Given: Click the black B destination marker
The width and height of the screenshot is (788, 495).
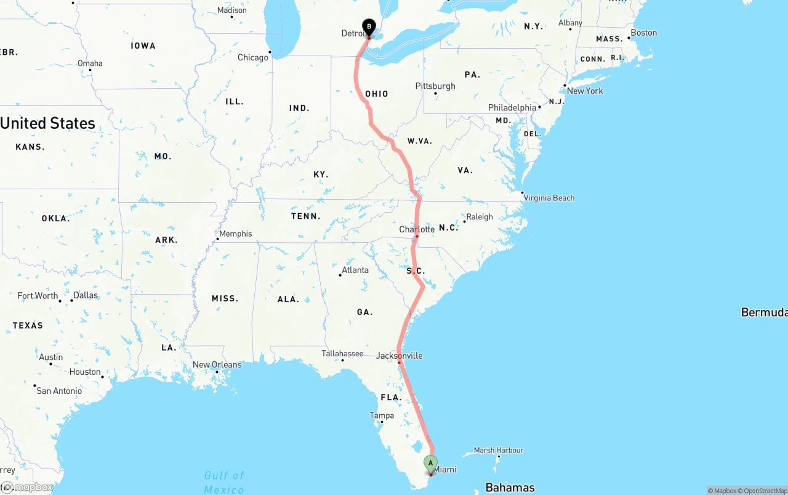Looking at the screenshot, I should pos(369,27).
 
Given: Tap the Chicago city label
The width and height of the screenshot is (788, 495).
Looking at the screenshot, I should pos(253,57).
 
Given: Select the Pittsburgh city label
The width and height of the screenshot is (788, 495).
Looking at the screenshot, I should pos(435,86).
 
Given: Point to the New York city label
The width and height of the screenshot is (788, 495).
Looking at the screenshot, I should pos(585,91).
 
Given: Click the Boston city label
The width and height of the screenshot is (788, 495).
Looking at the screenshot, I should pos(643,33).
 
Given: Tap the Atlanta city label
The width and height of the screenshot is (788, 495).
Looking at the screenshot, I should pos(355,270).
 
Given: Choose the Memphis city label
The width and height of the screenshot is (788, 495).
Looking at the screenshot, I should pos(236,234).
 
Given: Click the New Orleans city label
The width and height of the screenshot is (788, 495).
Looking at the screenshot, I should pos(217,364).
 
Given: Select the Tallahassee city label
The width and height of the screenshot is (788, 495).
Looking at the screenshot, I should pos(342,353).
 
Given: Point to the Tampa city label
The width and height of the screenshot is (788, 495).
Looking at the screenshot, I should pos(382,415).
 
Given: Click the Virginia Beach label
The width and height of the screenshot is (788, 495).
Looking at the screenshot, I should pos(549,198).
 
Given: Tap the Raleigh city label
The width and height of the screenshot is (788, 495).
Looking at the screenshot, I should pos(480,217).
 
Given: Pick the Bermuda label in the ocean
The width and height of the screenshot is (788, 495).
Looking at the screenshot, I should pos(764,313).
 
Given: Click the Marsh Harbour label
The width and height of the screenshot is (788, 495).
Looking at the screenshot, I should pos(499,450).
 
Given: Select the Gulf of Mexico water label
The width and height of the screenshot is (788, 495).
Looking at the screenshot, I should pos(224,482).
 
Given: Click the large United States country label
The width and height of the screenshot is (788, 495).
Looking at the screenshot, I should pos(47,123).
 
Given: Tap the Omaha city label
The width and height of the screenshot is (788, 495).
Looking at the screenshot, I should pos(90,63).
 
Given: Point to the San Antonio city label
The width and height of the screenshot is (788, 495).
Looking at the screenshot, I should pos(59,391).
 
